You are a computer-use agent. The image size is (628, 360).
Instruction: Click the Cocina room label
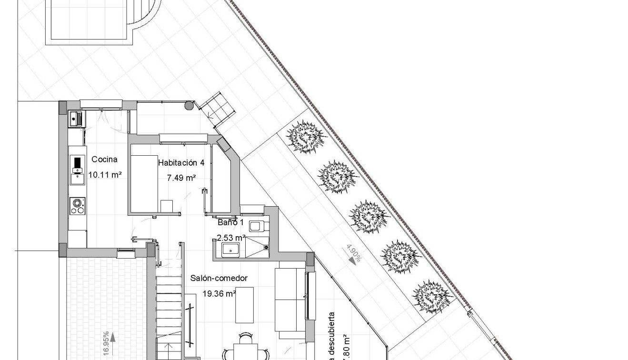pyautogui.click(x=104, y=160)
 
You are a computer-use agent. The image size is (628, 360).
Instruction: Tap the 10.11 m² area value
pyautogui.click(x=105, y=175)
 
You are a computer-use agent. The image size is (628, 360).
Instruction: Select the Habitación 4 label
pyautogui.click(x=181, y=163)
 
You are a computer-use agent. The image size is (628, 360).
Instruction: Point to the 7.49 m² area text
pyautogui.click(x=181, y=178)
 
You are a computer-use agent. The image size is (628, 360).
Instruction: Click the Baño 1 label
pyautogui.click(x=230, y=222)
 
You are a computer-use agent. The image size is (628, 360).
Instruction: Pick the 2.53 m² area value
pyautogui.click(x=231, y=237)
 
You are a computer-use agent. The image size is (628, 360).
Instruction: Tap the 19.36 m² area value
pyautogui.click(x=219, y=294)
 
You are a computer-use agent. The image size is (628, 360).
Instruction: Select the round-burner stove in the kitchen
pyautogui.click(x=77, y=205)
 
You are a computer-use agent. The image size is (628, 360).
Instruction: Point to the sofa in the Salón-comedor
pyautogui.click(x=290, y=300)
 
